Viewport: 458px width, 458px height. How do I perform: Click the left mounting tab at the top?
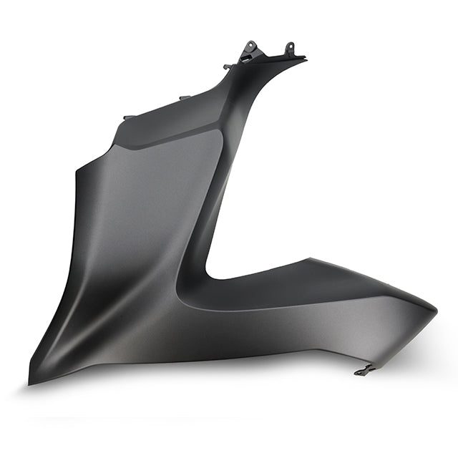tap(249, 49)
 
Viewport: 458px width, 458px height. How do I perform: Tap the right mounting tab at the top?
tap(290, 49)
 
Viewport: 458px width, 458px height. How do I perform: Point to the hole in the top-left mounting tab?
tap(250, 47)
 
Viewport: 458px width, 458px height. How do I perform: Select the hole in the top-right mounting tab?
tap(290, 48)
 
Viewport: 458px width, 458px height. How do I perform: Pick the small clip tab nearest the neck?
tap(228, 67)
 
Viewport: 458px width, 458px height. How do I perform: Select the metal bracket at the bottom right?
tap(365, 370)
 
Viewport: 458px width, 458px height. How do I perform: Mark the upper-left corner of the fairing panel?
tap(77, 170)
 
